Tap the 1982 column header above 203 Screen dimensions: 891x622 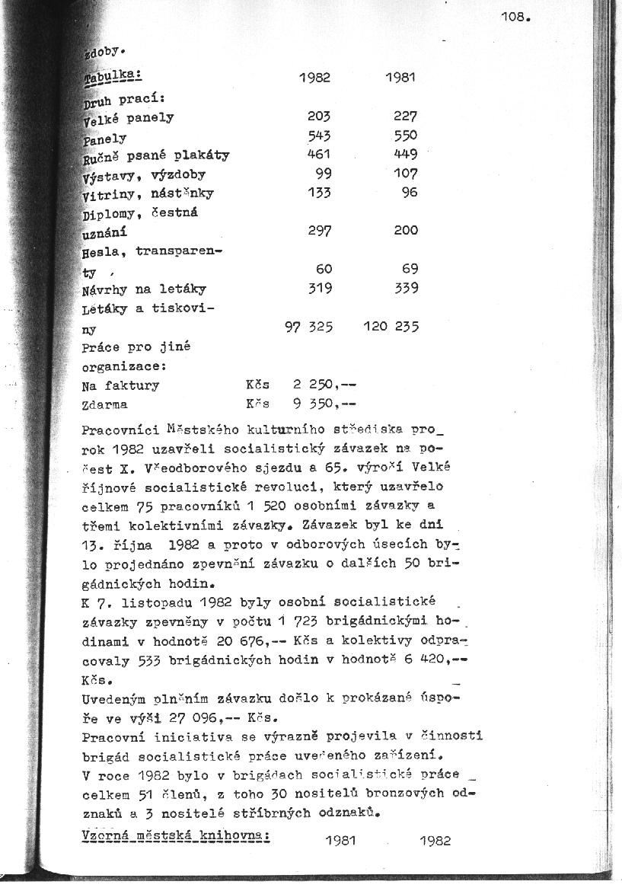pos(314,78)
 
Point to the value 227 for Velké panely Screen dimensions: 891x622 pos(406,117)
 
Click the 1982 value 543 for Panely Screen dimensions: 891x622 pos(319,136)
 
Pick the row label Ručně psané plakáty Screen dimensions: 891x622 pos(156,156)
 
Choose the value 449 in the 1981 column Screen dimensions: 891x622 pos(406,155)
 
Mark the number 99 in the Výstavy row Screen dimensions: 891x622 pos(324,174)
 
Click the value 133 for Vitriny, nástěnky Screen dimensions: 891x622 pos(319,193)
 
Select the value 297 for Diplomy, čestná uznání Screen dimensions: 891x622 pos(319,231)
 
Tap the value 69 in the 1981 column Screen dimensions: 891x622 pos(410,269)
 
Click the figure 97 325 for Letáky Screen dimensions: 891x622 pos(308,327)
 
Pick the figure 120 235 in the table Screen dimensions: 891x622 pos(391,327)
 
